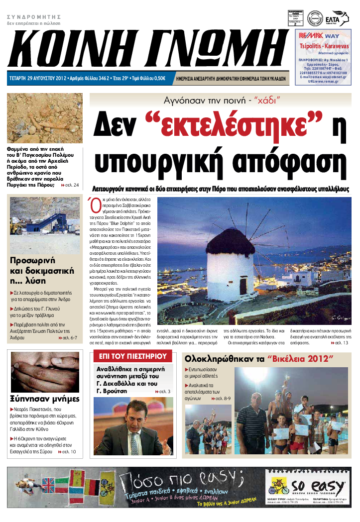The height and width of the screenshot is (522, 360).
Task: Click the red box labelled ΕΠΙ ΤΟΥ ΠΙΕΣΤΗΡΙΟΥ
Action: pos(132,356)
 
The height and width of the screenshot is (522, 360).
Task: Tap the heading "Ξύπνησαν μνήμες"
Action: pos(45,399)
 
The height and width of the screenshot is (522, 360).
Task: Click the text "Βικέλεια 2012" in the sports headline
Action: pos(301,359)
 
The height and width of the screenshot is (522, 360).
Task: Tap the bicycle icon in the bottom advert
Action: pos(279,485)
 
